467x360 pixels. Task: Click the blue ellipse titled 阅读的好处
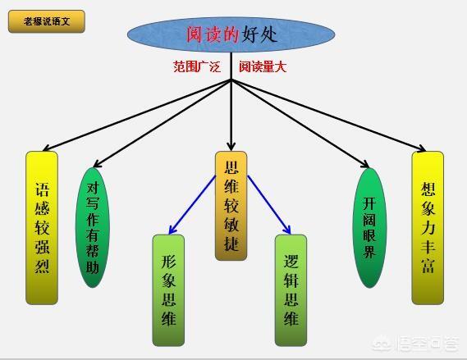click(x=231, y=34)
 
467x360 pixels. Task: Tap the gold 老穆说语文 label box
click(x=47, y=21)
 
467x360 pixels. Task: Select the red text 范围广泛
click(x=197, y=66)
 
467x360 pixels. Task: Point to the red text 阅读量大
click(x=263, y=66)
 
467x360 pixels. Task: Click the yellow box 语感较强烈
click(x=42, y=228)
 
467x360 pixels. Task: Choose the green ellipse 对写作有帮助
click(x=92, y=228)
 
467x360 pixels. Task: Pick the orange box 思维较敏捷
click(x=231, y=206)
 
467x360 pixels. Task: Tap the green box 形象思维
click(x=168, y=290)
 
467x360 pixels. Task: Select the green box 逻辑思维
click(x=291, y=290)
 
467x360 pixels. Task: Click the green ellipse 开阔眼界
click(x=369, y=228)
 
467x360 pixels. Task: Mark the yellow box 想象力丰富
click(x=428, y=228)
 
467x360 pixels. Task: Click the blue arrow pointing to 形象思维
click(x=192, y=205)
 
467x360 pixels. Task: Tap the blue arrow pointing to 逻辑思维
click(x=269, y=205)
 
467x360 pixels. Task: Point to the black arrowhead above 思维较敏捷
click(x=231, y=147)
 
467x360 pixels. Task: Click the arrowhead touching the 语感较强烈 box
click(x=47, y=148)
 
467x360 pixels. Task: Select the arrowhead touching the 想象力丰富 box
click(x=422, y=148)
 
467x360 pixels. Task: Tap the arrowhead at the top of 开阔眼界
click(x=365, y=164)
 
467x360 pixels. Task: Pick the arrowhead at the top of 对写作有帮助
click(x=98, y=163)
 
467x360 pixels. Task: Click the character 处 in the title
click(x=268, y=34)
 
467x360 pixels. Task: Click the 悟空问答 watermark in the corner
click(x=416, y=344)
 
